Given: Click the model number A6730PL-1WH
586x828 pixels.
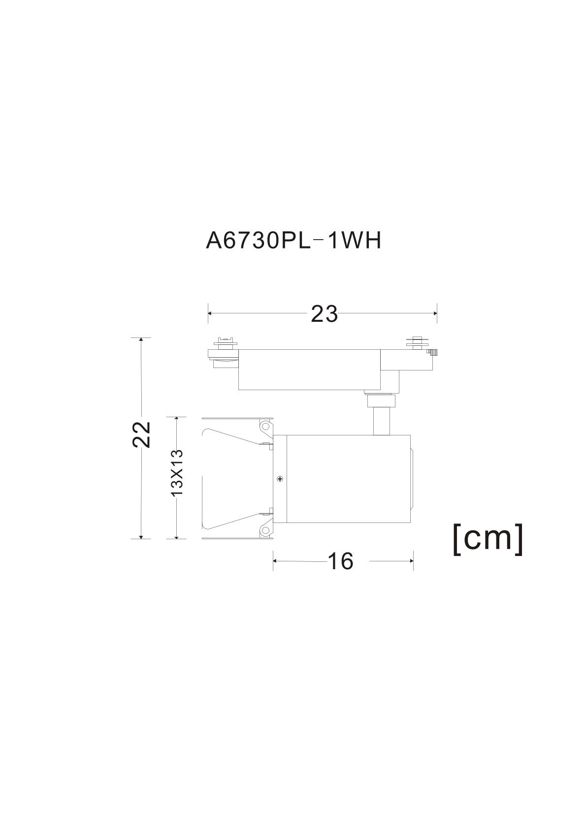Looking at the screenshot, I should pyautogui.click(x=293, y=241).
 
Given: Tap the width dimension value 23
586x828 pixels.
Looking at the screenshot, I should pyautogui.click(x=325, y=314).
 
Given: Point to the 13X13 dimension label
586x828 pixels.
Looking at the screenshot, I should pyautogui.click(x=176, y=472).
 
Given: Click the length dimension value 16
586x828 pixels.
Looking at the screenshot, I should pyautogui.click(x=341, y=561).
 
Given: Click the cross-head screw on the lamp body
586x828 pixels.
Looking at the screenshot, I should pyautogui.click(x=280, y=478).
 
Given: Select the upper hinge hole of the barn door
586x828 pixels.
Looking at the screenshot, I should pyautogui.click(x=265, y=425).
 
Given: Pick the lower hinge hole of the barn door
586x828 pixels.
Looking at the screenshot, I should pyautogui.click(x=265, y=530).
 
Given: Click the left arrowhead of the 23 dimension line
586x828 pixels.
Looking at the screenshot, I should pyautogui.click(x=210, y=313).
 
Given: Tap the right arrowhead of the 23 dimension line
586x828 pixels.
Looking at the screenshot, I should pyautogui.click(x=435, y=313).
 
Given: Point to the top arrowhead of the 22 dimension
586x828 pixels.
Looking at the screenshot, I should pyautogui.click(x=141, y=340).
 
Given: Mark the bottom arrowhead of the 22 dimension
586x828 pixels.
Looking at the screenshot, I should pyautogui.click(x=141, y=536).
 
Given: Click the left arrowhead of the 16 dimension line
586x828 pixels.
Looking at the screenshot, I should pyautogui.click(x=275, y=560).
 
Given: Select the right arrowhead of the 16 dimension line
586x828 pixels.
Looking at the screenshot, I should pyautogui.click(x=411, y=560).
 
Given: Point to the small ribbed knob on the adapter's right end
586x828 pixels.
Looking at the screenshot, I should pyautogui.click(x=434, y=352).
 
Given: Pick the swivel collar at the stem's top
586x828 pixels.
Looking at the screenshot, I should pyautogui.click(x=381, y=400).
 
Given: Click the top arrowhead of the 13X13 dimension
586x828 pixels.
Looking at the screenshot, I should pyautogui.click(x=176, y=419).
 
